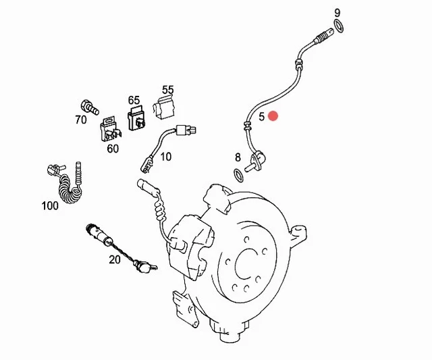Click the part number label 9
coord(337,13)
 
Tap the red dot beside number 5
coord(273,115)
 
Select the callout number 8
coord(238,157)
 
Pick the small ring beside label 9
coord(341,26)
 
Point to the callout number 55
coord(167,90)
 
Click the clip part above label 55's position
coord(165,107)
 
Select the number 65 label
coord(134,99)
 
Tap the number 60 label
coord(113,148)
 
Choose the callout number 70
coord(81,120)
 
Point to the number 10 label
coord(165,157)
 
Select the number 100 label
coord(50,205)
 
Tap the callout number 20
coord(115,259)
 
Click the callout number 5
coord(262,116)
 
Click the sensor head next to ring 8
coord(256,161)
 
